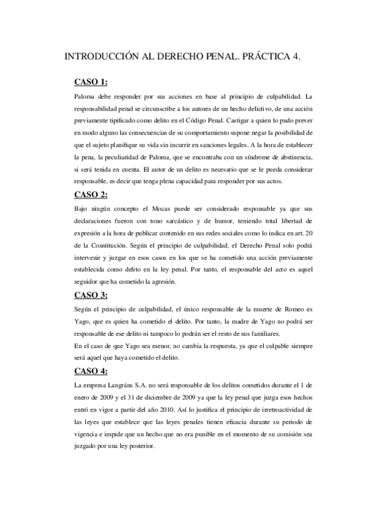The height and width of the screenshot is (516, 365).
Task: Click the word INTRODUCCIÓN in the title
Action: [101, 57]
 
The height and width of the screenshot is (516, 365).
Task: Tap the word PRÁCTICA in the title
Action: [258, 57]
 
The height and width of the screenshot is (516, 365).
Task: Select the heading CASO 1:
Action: [91, 82]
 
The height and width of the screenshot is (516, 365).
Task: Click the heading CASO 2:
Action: [91, 194]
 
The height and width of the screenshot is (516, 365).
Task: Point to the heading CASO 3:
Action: [91, 295]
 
